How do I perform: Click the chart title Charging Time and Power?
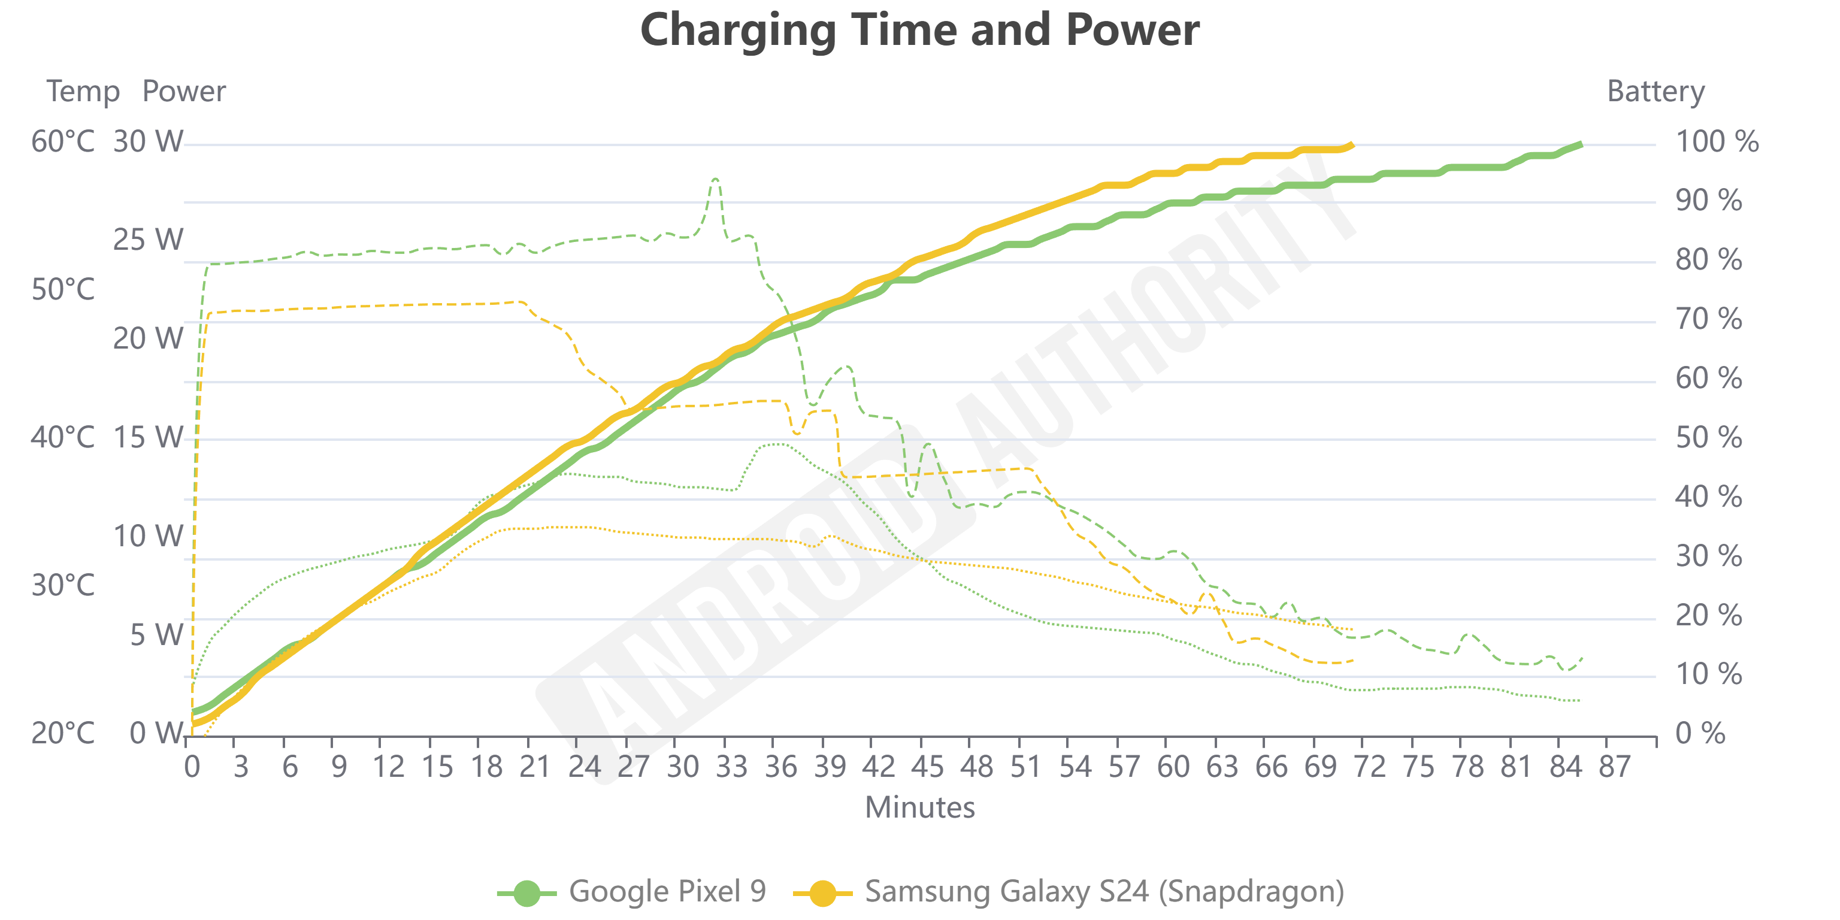pos(919,30)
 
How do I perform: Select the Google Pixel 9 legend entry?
pos(632,891)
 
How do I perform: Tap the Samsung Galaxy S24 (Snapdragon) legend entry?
pos(1069,891)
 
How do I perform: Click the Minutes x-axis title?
pos(919,807)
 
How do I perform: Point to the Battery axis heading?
pos(1655,92)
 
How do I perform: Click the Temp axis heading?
pos(83,92)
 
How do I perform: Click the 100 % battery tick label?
pos(1717,141)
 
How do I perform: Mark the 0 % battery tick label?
pos(1700,733)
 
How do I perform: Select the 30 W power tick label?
pos(148,141)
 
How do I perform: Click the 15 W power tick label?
pos(148,437)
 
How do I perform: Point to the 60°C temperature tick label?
pos(63,141)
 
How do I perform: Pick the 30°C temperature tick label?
pos(63,585)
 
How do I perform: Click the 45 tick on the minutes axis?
pos(927,767)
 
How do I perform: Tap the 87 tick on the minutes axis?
pos(1614,767)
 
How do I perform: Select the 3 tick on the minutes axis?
pos(241,767)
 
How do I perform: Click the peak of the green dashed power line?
pos(715,178)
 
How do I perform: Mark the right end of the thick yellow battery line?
pos(1352,145)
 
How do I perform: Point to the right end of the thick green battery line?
pos(1581,144)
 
